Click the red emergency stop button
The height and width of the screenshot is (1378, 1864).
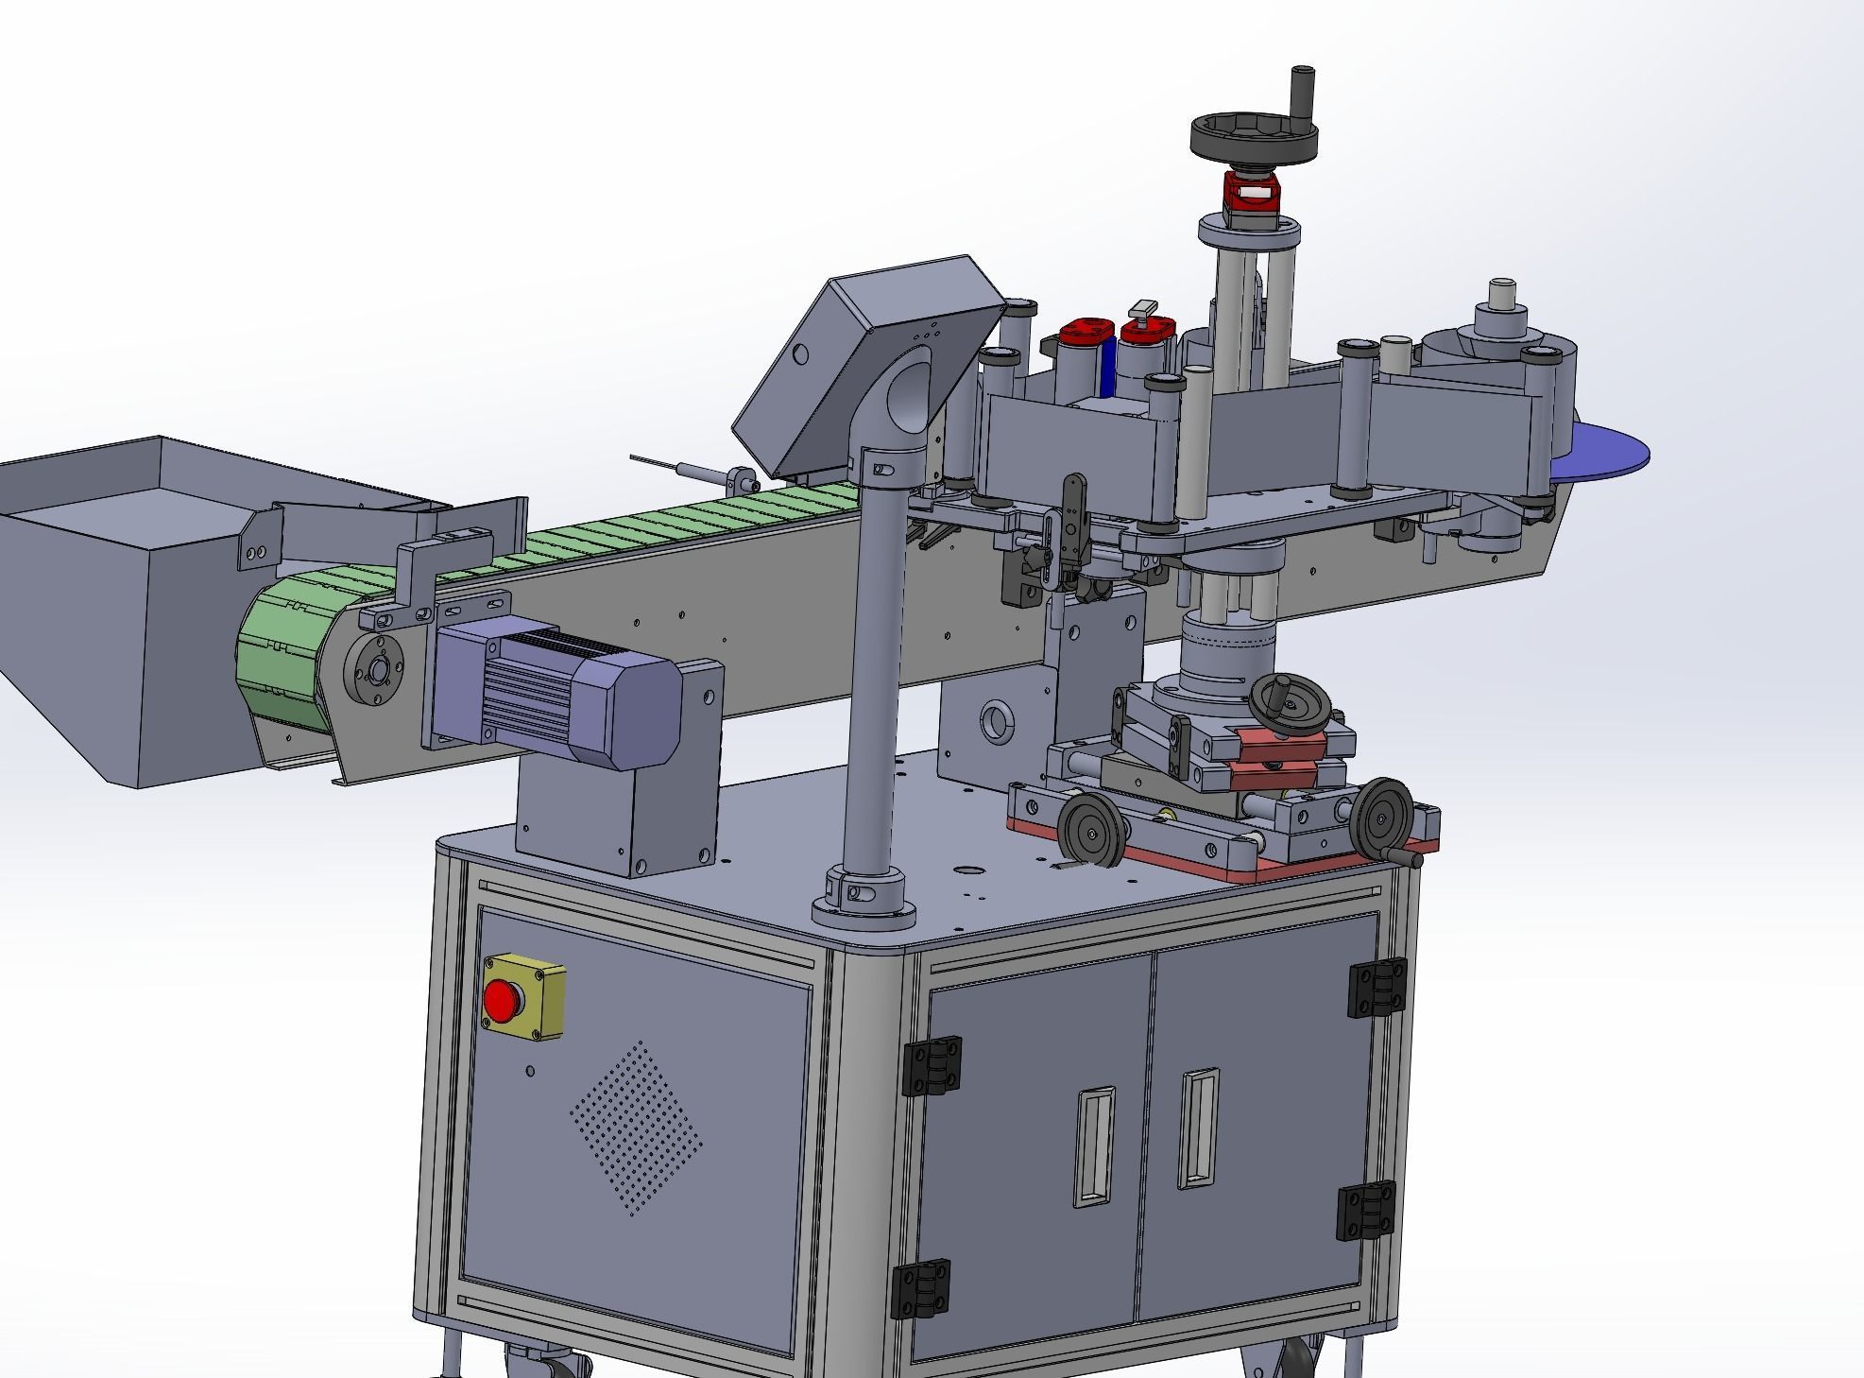[502, 1000]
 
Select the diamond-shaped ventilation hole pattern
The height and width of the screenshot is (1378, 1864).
[635, 1128]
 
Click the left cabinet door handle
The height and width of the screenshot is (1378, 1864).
[1094, 1146]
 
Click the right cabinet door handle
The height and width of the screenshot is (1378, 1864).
[1198, 1128]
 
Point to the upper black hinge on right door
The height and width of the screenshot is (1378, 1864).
[1377, 988]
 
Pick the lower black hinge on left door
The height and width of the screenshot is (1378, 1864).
[920, 1288]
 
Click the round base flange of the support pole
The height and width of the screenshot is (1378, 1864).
[864, 910]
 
